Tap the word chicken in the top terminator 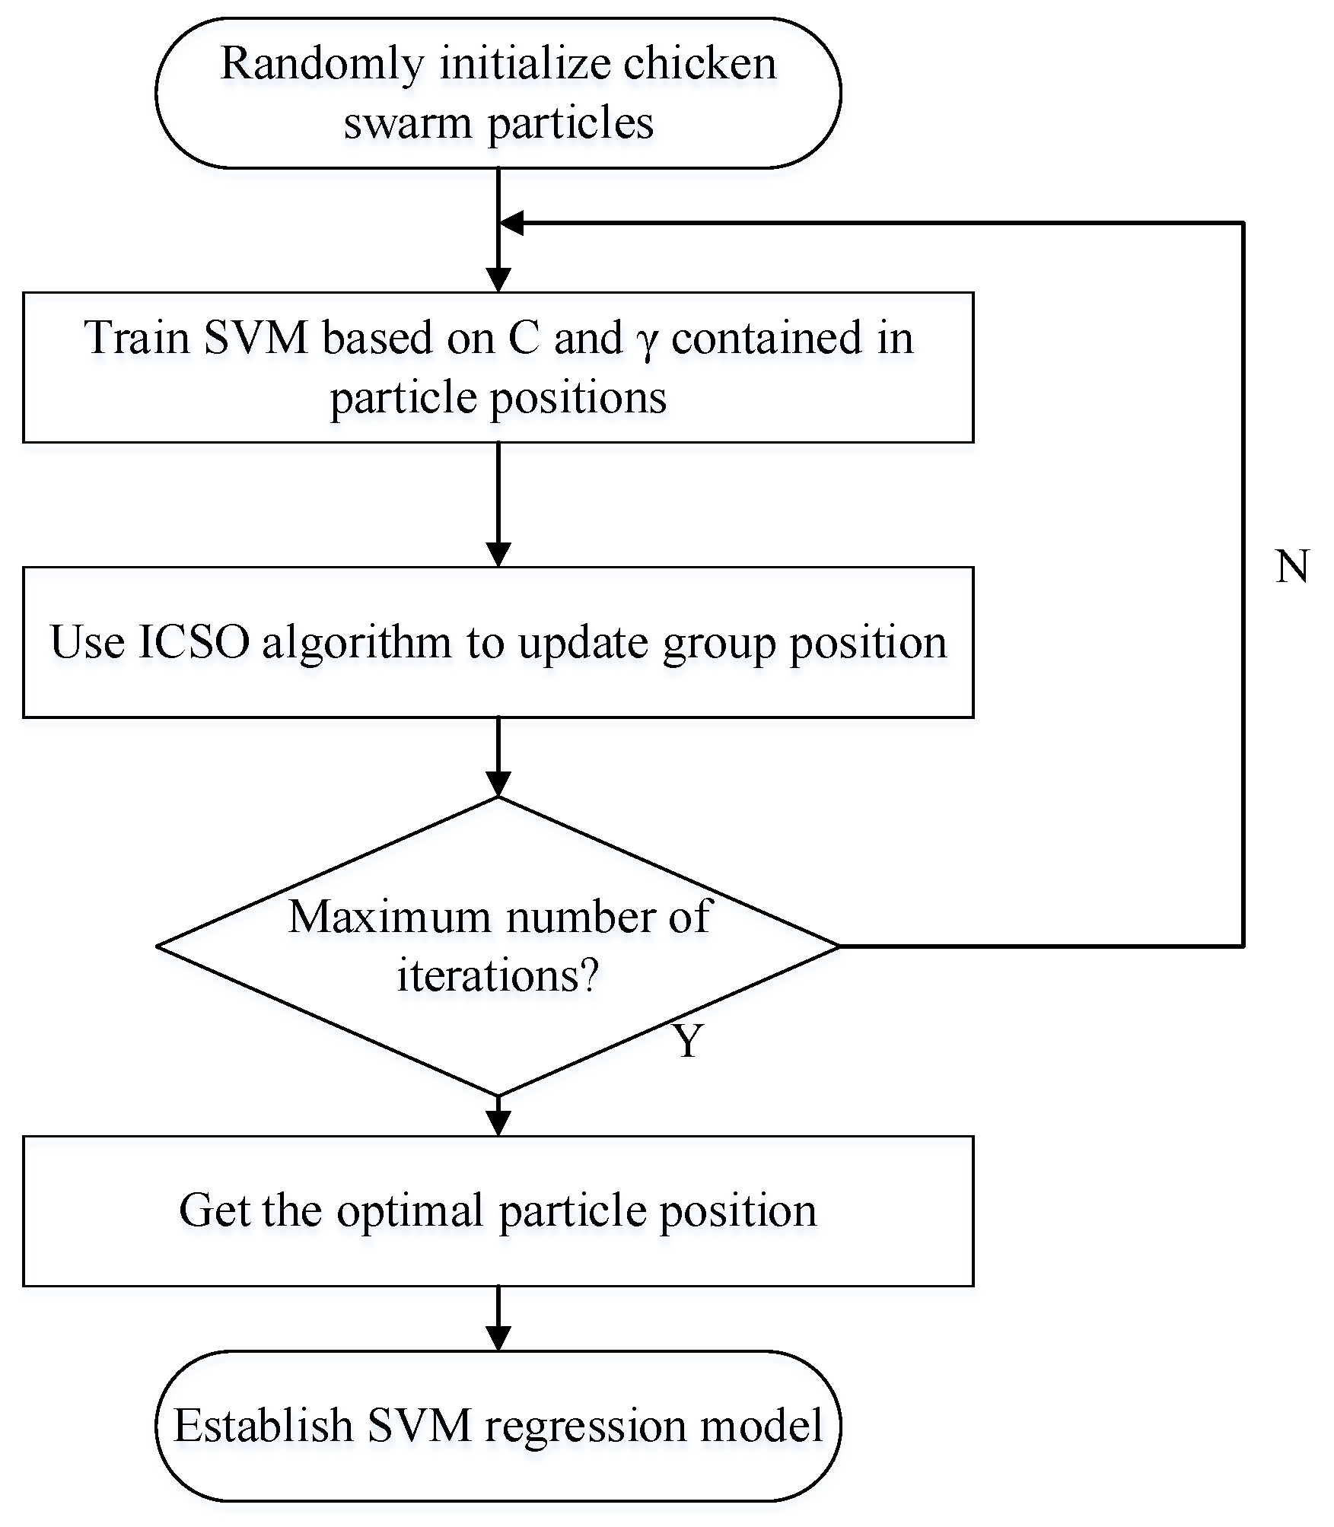pyautogui.click(x=699, y=64)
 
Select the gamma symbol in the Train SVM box pyautogui.click(x=646, y=340)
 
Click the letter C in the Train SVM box pyautogui.click(x=523, y=338)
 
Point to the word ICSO pyautogui.click(x=194, y=642)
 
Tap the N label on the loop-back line pyautogui.click(x=1292, y=567)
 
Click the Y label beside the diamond pyautogui.click(x=689, y=1041)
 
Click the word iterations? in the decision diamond pyautogui.click(x=498, y=975)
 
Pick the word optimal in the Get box pyautogui.click(x=410, y=1210)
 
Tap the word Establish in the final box pyautogui.click(x=263, y=1426)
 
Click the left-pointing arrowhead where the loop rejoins pyautogui.click(x=511, y=223)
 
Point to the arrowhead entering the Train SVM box pyautogui.click(x=498, y=280)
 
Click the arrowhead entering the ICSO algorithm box pyautogui.click(x=498, y=555)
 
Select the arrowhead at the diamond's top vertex pyautogui.click(x=498, y=784)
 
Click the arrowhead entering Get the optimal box pyautogui.click(x=498, y=1124)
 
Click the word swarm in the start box pyautogui.click(x=407, y=123)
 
